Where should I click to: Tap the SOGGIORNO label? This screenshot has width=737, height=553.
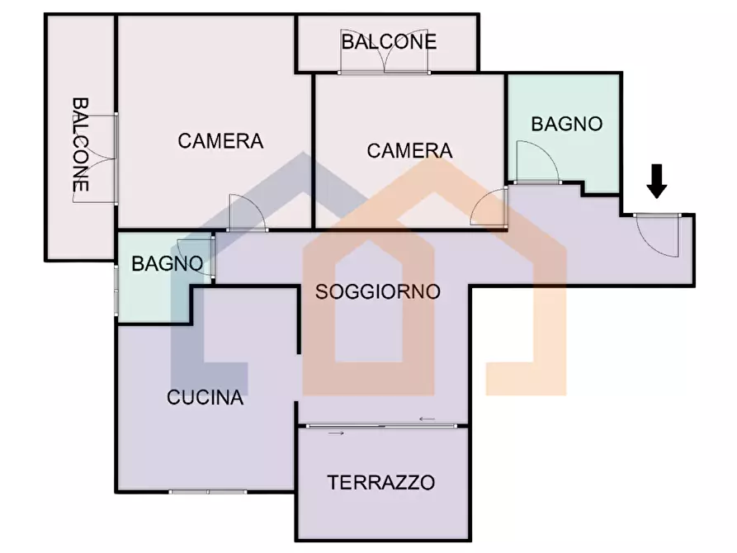coord(378,291)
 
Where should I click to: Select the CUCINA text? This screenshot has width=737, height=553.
coord(206,398)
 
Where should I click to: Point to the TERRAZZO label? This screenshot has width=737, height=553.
coord(380,483)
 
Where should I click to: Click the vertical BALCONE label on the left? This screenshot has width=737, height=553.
coord(80,145)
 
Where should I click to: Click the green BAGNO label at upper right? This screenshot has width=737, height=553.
coord(566,125)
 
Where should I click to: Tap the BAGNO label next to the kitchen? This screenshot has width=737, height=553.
coord(168,265)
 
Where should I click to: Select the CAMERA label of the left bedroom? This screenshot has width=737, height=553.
coord(220,141)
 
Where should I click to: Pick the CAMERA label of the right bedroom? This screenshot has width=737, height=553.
coord(409,151)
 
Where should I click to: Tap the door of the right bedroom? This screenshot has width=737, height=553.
coord(489,208)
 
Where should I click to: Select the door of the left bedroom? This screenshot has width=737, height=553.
coord(246,212)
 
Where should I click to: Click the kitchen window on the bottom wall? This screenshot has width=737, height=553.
coord(208,492)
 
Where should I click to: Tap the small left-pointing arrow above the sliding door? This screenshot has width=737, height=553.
coord(427,419)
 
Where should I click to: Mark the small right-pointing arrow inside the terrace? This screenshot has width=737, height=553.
coord(337,432)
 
